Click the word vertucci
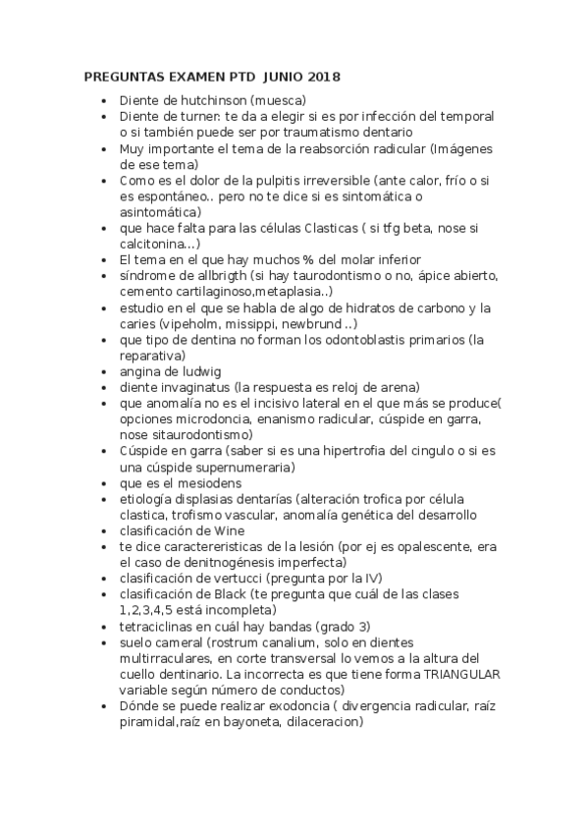pyautogui.click(x=240, y=579)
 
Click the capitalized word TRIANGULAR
pyautogui.click(x=461, y=674)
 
